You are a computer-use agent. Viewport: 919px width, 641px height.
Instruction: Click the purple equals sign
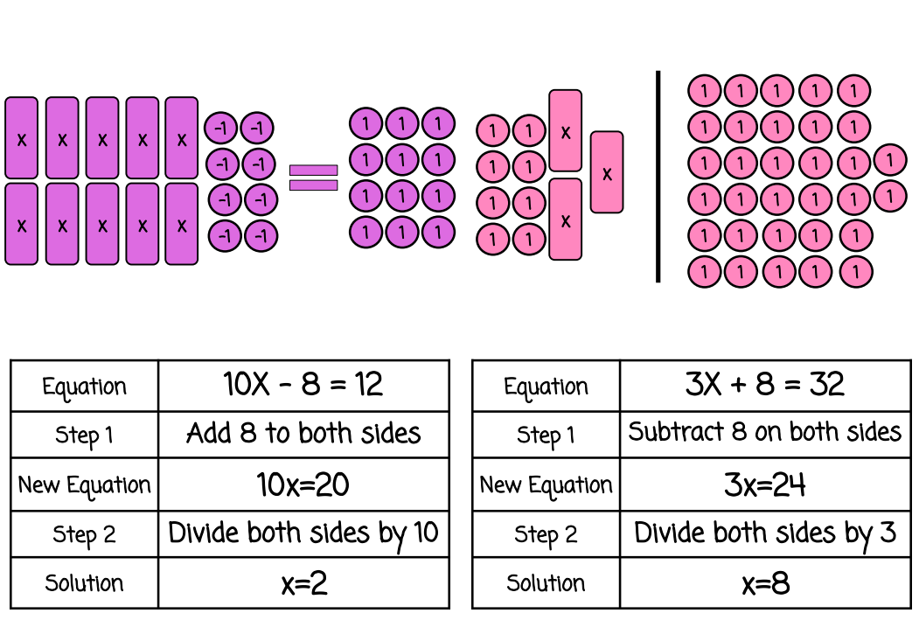pyautogui.click(x=313, y=178)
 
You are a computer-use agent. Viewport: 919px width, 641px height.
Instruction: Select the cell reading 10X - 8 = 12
pyautogui.click(x=303, y=385)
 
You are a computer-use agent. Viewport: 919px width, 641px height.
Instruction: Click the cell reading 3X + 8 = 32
pyautogui.click(x=764, y=385)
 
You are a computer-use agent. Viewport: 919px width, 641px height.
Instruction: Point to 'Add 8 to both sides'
pyautogui.click(x=303, y=434)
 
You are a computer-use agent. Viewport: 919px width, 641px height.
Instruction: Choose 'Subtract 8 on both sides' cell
pyautogui.click(x=764, y=432)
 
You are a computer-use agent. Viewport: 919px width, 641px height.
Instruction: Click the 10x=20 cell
pyautogui.click(x=303, y=484)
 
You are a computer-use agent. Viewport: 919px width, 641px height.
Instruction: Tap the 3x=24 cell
pyautogui.click(x=764, y=484)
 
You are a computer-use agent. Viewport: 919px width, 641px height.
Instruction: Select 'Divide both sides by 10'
pyautogui.click(x=303, y=533)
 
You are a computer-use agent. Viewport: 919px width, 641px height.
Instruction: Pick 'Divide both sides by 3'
pyautogui.click(x=764, y=533)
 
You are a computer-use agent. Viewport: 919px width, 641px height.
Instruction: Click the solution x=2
pyautogui.click(x=303, y=583)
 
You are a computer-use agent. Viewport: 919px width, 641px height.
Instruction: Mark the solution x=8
pyautogui.click(x=764, y=583)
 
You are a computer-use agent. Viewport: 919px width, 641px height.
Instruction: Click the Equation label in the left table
pyautogui.click(x=84, y=387)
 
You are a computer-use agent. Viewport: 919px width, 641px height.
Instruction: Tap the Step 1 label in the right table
pyautogui.click(x=546, y=435)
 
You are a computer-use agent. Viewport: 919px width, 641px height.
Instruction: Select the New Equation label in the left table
pyautogui.click(x=84, y=485)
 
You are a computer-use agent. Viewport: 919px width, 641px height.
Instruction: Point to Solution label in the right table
pyautogui.click(x=546, y=583)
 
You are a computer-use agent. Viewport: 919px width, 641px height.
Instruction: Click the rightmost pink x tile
pyautogui.click(x=607, y=172)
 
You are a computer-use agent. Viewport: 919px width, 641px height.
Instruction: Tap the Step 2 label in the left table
pyautogui.click(x=84, y=534)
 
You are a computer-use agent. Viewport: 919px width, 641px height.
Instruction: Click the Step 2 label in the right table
pyautogui.click(x=546, y=534)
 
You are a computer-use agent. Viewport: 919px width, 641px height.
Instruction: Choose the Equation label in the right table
pyautogui.click(x=546, y=387)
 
